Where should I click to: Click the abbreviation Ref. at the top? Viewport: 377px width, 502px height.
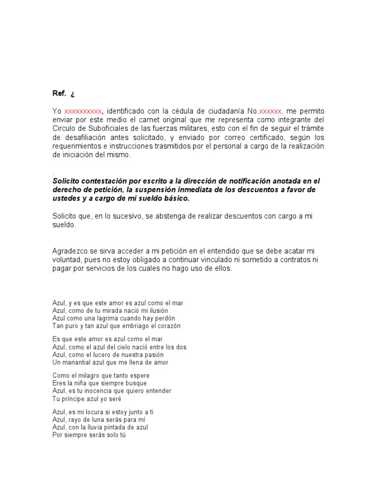[x=59, y=94]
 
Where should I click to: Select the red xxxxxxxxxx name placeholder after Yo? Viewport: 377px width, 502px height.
[x=83, y=111]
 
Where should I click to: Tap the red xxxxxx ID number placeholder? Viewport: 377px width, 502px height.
[x=270, y=111]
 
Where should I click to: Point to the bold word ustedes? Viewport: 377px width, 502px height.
[x=67, y=199]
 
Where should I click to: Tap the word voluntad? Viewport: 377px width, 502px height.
[x=67, y=259]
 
